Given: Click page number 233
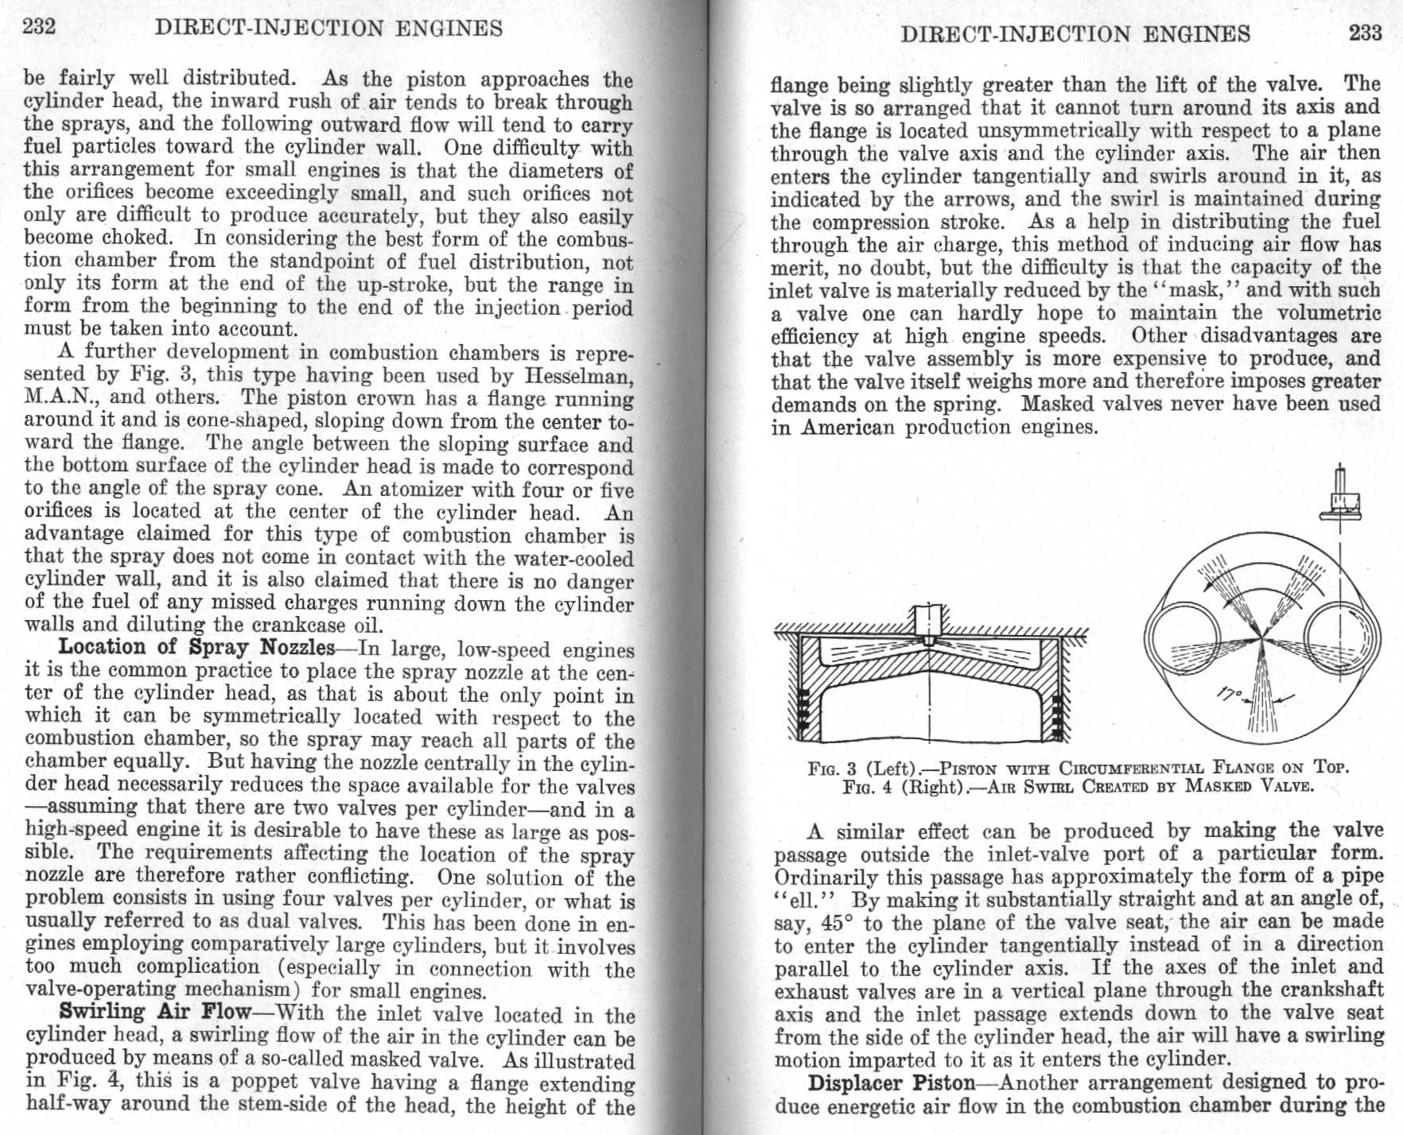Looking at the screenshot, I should click(1364, 33).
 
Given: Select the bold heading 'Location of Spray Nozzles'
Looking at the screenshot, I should click(196, 647).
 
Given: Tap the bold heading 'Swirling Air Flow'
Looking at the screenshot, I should click(155, 1012).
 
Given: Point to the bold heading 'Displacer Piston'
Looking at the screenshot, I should click(891, 1083).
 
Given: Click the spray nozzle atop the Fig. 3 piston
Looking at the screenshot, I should click(928, 623).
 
